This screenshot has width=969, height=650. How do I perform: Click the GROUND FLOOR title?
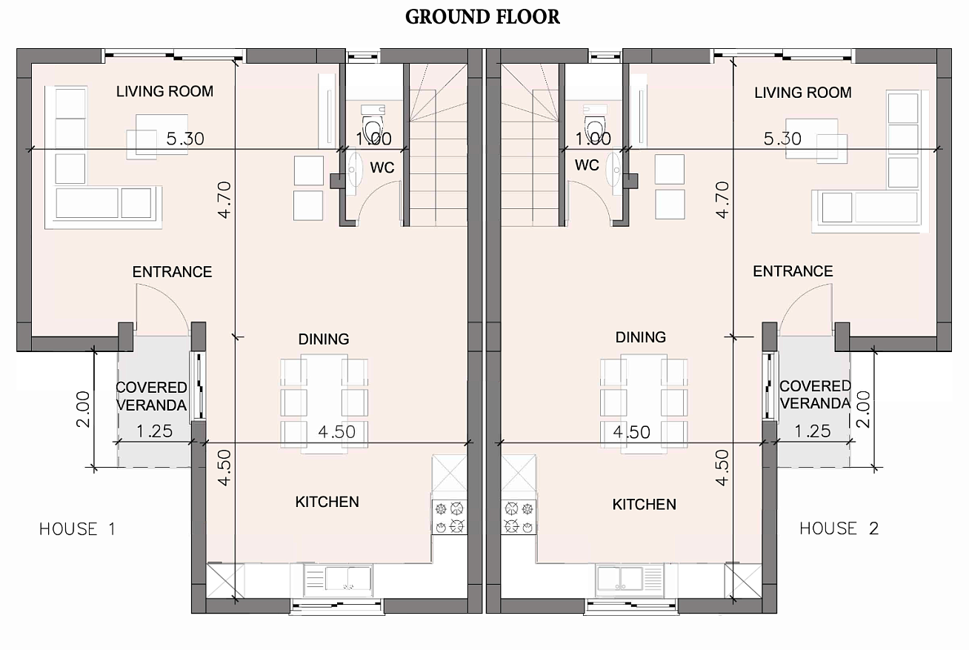click(482, 17)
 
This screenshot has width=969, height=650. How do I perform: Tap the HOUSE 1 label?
click(78, 529)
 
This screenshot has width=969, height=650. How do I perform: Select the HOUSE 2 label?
click(839, 528)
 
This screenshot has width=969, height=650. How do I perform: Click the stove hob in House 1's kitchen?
click(450, 517)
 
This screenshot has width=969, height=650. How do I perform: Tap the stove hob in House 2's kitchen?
click(519, 517)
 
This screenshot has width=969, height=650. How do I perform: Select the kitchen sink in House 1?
click(338, 577)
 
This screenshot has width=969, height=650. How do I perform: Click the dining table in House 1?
click(324, 404)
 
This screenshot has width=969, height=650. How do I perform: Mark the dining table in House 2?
click(644, 404)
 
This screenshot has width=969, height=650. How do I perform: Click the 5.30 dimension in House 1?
click(185, 139)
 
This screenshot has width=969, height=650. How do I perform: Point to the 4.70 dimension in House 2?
click(722, 200)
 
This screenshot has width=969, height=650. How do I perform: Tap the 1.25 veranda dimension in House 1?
click(154, 431)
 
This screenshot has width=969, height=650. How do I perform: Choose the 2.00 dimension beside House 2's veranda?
click(864, 409)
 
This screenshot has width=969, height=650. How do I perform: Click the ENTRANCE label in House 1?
click(172, 272)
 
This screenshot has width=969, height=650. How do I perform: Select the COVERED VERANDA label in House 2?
click(815, 395)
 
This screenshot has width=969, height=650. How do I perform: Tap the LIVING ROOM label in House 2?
click(803, 93)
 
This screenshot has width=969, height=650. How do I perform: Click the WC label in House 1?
click(382, 168)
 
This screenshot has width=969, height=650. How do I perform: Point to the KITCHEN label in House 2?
click(644, 505)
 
